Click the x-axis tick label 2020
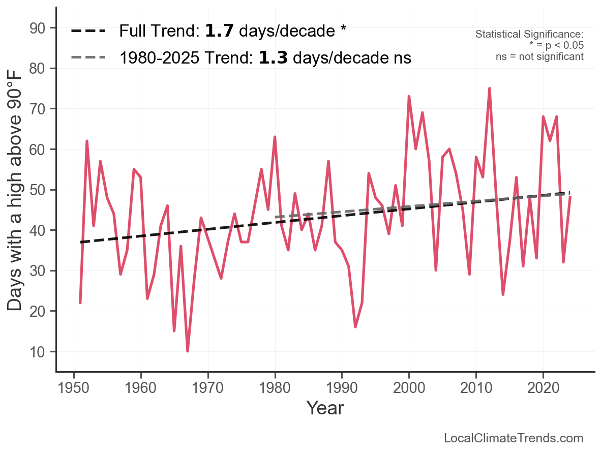coord(543,389)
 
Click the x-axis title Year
coord(325,408)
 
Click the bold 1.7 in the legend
coord(219,31)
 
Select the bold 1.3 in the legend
coord(273,58)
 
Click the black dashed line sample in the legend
coord(88,31)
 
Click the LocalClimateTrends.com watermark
coord(514,438)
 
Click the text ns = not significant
coord(539,56)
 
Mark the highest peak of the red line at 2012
coord(489,88)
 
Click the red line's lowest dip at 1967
coord(188,351)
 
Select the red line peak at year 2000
coord(409,97)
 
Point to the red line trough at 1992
coord(355,327)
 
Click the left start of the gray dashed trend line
coord(275,217)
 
